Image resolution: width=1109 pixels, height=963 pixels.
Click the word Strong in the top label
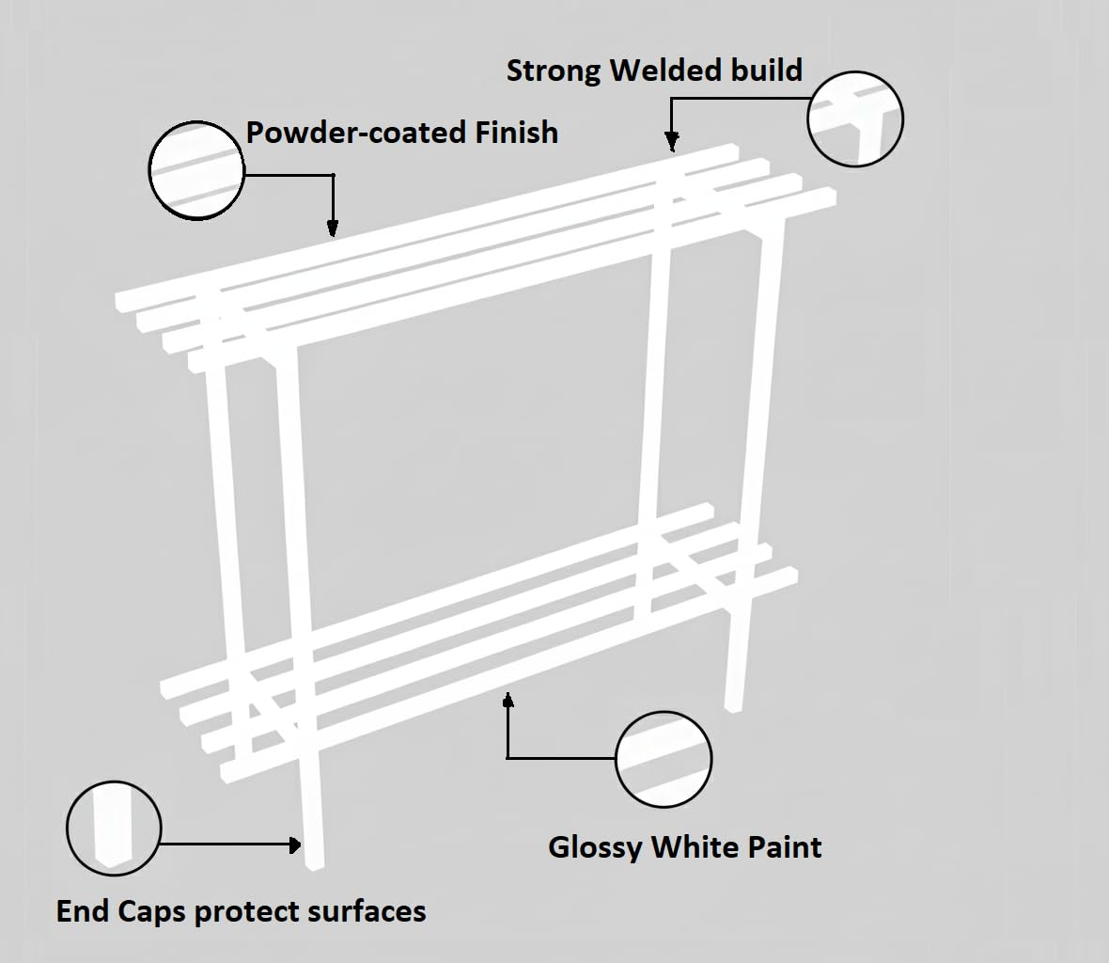pyautogui.click(x=554, y=71)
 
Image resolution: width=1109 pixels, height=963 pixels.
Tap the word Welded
pyautogui.click(x=656, y=71)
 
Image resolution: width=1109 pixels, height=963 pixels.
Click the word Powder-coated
pyautogui.click(x=356, y=133)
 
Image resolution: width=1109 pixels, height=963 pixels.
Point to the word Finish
pyautogui.click(x=516, y=133)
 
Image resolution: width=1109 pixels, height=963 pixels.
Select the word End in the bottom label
pyautogui.click(x=82, y=911)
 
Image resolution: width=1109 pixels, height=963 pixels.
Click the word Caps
pyautogui.click(x=151, y=912)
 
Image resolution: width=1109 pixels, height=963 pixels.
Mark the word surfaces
pyautogui.click(x=369, y=911)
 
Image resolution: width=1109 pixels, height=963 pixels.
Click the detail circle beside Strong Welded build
pyautogui.click(x=855, y=119)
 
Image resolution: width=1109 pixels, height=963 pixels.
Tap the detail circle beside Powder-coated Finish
pyautogui.click(x=196, y=170)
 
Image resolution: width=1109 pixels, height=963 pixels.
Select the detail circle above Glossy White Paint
pyautogui.click(x=664, y=759)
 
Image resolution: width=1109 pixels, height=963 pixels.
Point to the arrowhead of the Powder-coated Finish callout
pyautogui.click(x=333, y=229)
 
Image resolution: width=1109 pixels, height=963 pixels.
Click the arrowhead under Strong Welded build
pyautogui.click(x=671, y=144)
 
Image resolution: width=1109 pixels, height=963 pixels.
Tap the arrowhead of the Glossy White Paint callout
pyautogui.click(x=508, y=701)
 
